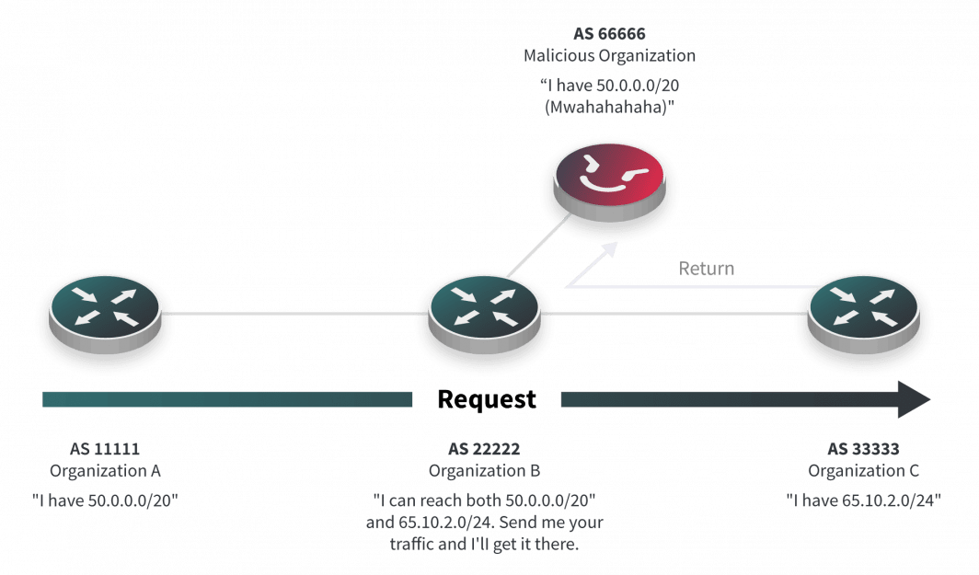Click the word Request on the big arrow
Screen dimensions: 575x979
pyautogui.click(x=486, y=399)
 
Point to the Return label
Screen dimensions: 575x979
pyautogui.click(x=707, y=269)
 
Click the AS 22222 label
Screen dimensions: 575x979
pyautogui.click(x=485, y=450)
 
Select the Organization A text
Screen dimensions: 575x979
pyautogui.click(x=104, y=471)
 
